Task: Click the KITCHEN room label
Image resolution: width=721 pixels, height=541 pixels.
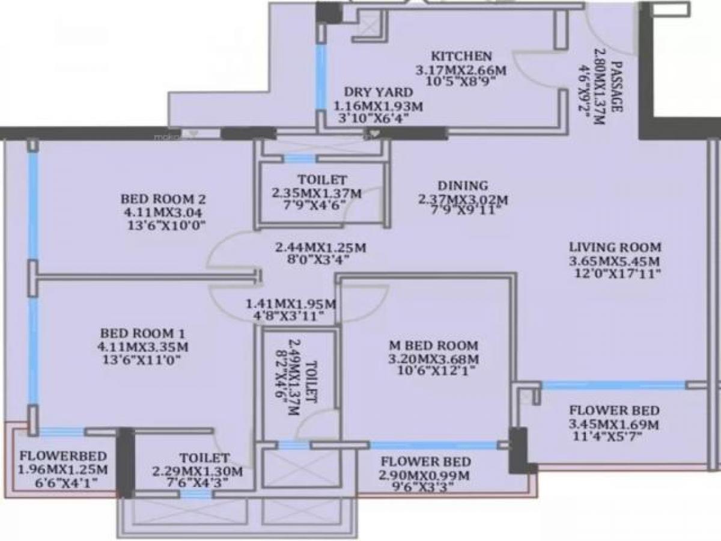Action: [x=461, y=56]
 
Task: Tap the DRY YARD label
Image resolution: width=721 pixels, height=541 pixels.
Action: [x=378, y=92]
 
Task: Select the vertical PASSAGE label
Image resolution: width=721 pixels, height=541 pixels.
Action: [x=616, y=87]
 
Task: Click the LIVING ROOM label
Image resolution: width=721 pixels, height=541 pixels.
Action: [x=615, y=247]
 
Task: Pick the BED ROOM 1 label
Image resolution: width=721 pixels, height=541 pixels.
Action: [x=143, y=333]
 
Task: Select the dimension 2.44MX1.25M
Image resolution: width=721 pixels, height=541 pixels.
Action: [x=321, y=247]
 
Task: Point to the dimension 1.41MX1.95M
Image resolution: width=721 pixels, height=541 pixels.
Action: [x=291, y=304]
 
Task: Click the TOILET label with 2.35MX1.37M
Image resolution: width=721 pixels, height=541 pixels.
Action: [x=321, y=180]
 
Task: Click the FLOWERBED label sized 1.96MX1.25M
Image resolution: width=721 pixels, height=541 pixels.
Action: [x=63, y=455]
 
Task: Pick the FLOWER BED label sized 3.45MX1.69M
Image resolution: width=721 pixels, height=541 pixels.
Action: [x=614, y=411]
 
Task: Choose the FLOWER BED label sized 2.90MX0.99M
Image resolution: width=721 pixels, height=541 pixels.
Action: [x=425, y=463]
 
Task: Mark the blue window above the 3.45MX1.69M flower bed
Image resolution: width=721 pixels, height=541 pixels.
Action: [x=613, y=385]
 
